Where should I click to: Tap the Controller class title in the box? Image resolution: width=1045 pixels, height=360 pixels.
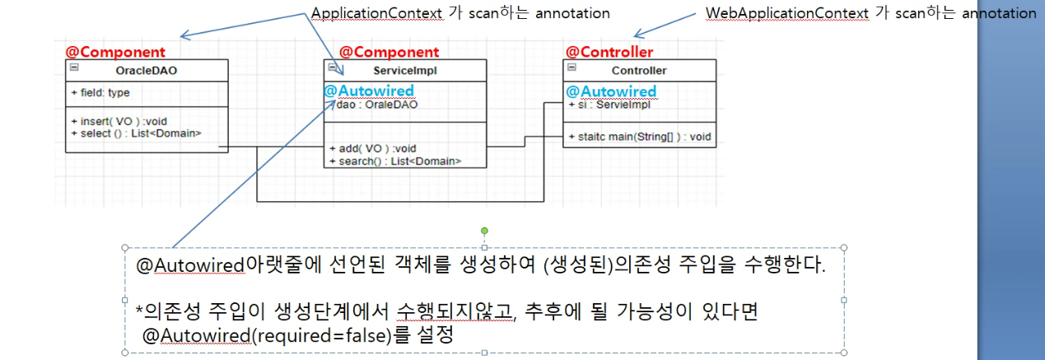coord(639,71)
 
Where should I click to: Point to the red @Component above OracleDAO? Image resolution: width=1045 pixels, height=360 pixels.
coord(115,52)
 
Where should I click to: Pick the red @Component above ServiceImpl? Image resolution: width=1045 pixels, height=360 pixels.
coord(390,53)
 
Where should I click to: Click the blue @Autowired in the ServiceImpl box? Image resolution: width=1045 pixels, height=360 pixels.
coord(369,91)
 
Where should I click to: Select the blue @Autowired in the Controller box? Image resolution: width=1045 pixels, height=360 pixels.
coord(610,91)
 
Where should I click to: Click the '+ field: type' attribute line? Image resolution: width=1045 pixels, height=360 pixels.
coord(100,93)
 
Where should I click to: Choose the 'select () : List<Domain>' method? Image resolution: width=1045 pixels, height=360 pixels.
coord(137,133)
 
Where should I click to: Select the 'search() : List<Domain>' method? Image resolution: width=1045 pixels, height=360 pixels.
coord(394,161)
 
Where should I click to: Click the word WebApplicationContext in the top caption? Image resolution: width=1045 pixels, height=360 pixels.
coord(777,13)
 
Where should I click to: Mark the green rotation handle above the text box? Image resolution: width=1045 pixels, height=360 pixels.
coord(484,230)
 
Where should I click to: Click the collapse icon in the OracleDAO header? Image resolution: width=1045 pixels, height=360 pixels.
coord(73,68)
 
